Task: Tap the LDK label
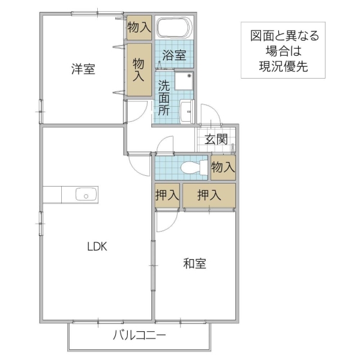coord(96,246)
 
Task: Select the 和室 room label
coord(194,263)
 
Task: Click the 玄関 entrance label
coord(216,140)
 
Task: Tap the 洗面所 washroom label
coord(164,98)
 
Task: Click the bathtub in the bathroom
coord(174,28)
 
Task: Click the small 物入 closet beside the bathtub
coord(139,27)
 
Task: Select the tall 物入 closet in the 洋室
coord(139,69)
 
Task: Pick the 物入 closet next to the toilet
coord(223,167)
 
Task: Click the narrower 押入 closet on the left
coord(167,196)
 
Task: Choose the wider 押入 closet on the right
coord(209,196)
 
